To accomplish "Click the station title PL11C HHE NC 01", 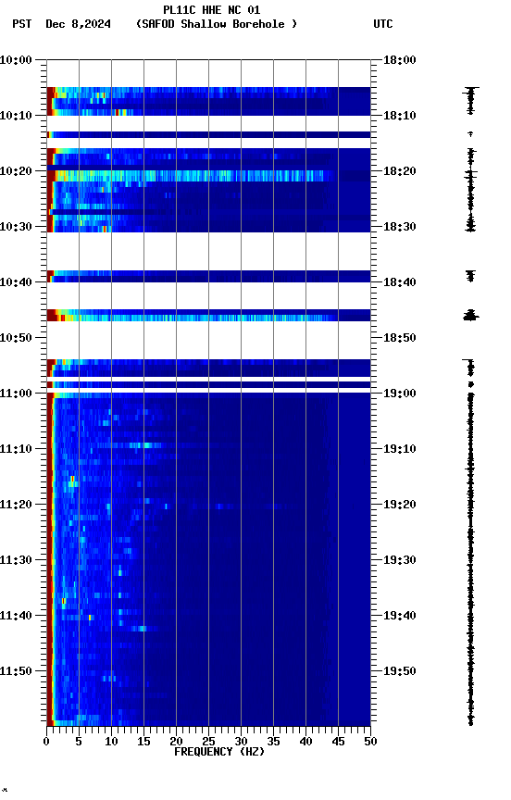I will click(x=211, y=10).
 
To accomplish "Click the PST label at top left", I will click(x=22, y=24).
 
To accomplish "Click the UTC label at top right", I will click(x=383, y=24).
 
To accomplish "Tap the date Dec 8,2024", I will click(x=78, y=24).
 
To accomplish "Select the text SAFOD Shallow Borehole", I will click(x=217, y=24).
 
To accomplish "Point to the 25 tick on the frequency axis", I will click(x=208, y=741).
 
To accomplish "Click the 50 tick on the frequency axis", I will click(x=370, y=741).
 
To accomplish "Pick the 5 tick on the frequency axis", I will click(x=79, y=741).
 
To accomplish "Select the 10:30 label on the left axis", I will click(x=17, y=227).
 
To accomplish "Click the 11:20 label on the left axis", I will click(x=17, y=505).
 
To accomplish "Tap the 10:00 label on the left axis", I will click(x=17, y=60).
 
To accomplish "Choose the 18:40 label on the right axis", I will click(x=400, y=282).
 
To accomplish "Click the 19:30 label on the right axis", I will click(x=400, y=560).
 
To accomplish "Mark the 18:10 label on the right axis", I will click(x=400, y=116).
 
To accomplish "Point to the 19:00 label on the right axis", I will click(x=400, y=394).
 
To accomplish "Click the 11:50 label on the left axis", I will click(x=17, y=671).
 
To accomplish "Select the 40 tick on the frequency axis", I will click(x=305, y=741).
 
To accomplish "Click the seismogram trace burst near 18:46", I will click(x=470, y=316).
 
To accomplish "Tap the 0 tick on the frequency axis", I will click(x=46, y=741).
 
